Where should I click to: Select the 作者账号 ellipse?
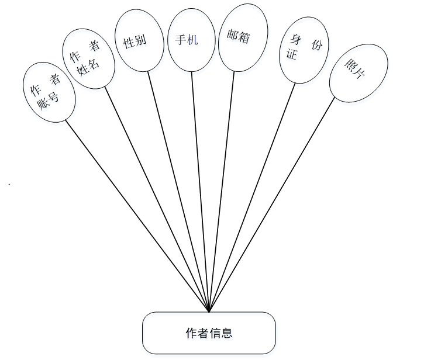(49, 93)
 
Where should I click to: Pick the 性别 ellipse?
(135, 41)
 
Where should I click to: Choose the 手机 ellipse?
(188, 40)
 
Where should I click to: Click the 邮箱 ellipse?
(243, 37)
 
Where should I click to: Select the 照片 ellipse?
(357, 70)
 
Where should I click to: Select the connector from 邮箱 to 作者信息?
(222, 191)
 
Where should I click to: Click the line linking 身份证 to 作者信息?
(253, 196)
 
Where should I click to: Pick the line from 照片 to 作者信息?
(272, 204)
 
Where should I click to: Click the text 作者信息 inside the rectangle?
(209, 333)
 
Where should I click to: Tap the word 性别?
(135, 41)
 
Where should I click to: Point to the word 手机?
(187, 40)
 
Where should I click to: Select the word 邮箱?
(239, 36)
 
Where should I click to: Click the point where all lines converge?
(209, 311)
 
